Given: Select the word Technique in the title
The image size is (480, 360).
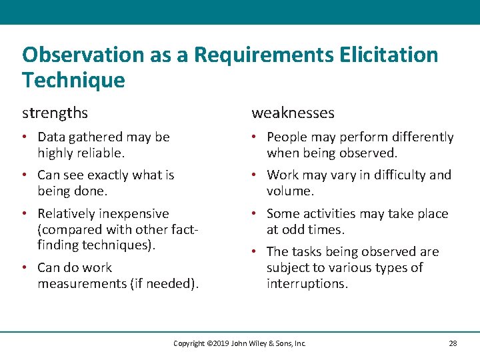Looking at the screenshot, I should (73, 80).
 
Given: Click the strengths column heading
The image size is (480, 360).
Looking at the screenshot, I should (55, 113).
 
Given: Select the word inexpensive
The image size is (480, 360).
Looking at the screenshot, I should (133, 213).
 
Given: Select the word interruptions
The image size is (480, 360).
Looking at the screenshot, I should (306, 283).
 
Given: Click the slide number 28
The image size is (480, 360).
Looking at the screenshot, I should (453, 343).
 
